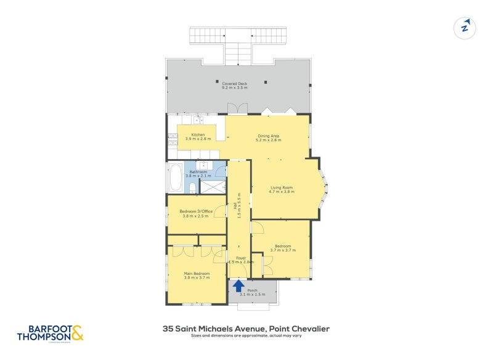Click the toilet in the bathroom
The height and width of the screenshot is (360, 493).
pyautogui.click(x=192, y=187)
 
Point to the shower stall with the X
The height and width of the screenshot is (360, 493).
pyautogui.click(x=213, y=186)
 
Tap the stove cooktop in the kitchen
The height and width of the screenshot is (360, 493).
pyautogui.click(x=172, y=139)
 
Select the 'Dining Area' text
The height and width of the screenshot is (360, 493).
pyautogui.click(x=268, y=136)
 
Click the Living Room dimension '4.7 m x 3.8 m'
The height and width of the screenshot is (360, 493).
pyautogui.click(x=282, y=192)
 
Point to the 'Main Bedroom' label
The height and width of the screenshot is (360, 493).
pyautogui.click(x=197, y=273)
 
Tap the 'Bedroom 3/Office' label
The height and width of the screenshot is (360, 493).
pyautogui.click(x=196, y=211)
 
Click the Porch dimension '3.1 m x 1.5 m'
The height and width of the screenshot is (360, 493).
pyautogui.click(x=252, y=295)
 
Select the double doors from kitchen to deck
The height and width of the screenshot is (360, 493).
pyautogui.click(x=237, y=108)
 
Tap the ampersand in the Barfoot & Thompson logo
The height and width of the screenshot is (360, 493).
pyautogui.click(x=77, y=333)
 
